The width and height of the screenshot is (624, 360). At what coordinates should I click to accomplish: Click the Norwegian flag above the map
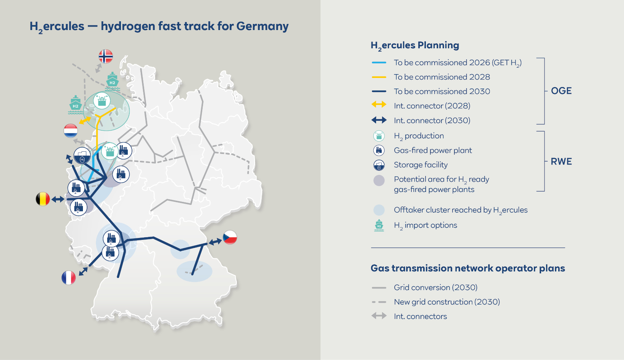click(x=106, y=56)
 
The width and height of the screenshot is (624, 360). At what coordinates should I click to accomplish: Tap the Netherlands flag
click(x=71, y=131)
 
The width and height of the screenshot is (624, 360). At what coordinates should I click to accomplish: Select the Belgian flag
click(x=43, y=199)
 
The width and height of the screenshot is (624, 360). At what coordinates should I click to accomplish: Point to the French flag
click(x=68, y=278)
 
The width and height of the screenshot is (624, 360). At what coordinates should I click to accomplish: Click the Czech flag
click(x=230, y=237)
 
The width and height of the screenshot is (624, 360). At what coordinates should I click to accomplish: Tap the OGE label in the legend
click(x=561, y=91)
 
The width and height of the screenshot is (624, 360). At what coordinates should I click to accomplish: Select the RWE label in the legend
click(x=561, y=162)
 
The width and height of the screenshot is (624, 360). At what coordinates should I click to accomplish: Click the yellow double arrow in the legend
click(x=379, y=104)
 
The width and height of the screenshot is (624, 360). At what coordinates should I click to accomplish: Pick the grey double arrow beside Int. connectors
click(x=379, y=316)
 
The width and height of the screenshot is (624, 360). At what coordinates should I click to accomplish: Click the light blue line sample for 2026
click(x=379, y=62)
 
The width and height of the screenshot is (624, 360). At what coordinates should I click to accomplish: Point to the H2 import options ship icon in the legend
click(x=379, y=225)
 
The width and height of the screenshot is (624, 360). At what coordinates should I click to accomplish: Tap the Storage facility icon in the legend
click(x=379, y=165)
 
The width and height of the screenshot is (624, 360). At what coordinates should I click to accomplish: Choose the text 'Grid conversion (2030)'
click(x=435, y=287)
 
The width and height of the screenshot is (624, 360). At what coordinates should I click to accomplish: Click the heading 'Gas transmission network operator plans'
click(x=467, y=268)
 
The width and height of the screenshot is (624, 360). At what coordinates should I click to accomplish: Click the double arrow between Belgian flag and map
click(x=58, y=199)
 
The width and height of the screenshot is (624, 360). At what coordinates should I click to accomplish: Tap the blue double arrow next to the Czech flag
click(x=215, y=241)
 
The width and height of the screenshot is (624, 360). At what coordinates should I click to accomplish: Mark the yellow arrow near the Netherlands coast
click(x=85, y=120)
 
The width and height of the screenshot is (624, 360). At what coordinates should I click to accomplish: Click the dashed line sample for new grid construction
click(x=379, y=302)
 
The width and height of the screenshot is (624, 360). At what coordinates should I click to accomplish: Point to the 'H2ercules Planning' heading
click(x=414, y=45)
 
